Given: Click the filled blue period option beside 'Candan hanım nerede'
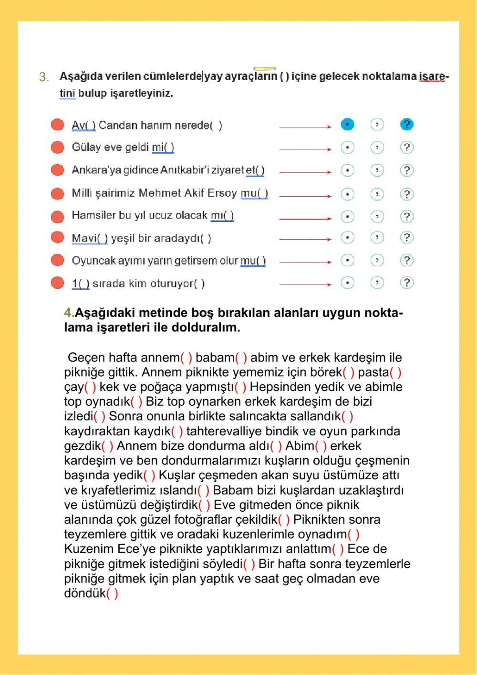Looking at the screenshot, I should pos(348,125).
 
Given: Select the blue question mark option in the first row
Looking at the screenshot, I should pos(406,125).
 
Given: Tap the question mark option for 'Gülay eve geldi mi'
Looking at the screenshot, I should pos(406,148).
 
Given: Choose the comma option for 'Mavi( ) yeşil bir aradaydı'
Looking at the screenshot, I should pos(377,237).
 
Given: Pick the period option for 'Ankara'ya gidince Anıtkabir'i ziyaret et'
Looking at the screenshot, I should pos(348,170).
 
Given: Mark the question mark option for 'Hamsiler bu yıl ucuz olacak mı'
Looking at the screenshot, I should pos(406,217).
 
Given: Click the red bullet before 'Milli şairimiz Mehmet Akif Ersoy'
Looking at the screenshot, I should pos(57,193).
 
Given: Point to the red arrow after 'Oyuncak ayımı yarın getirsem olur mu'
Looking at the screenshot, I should pos(305,262).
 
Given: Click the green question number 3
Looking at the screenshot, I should pos(44,77).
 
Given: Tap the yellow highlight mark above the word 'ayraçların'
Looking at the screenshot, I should pos(265,69).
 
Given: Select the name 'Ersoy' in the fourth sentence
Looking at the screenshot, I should pos(223,193).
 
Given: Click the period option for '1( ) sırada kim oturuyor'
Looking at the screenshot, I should pos(348,283).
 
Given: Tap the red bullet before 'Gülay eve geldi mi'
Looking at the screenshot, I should pos(57,147).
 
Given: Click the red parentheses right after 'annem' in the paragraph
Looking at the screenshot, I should pos(187,358).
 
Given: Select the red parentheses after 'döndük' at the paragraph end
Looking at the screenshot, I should pos(112,593).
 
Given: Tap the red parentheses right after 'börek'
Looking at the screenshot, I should pos(348,372).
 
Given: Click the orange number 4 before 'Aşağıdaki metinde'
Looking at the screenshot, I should pos(68,313).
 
